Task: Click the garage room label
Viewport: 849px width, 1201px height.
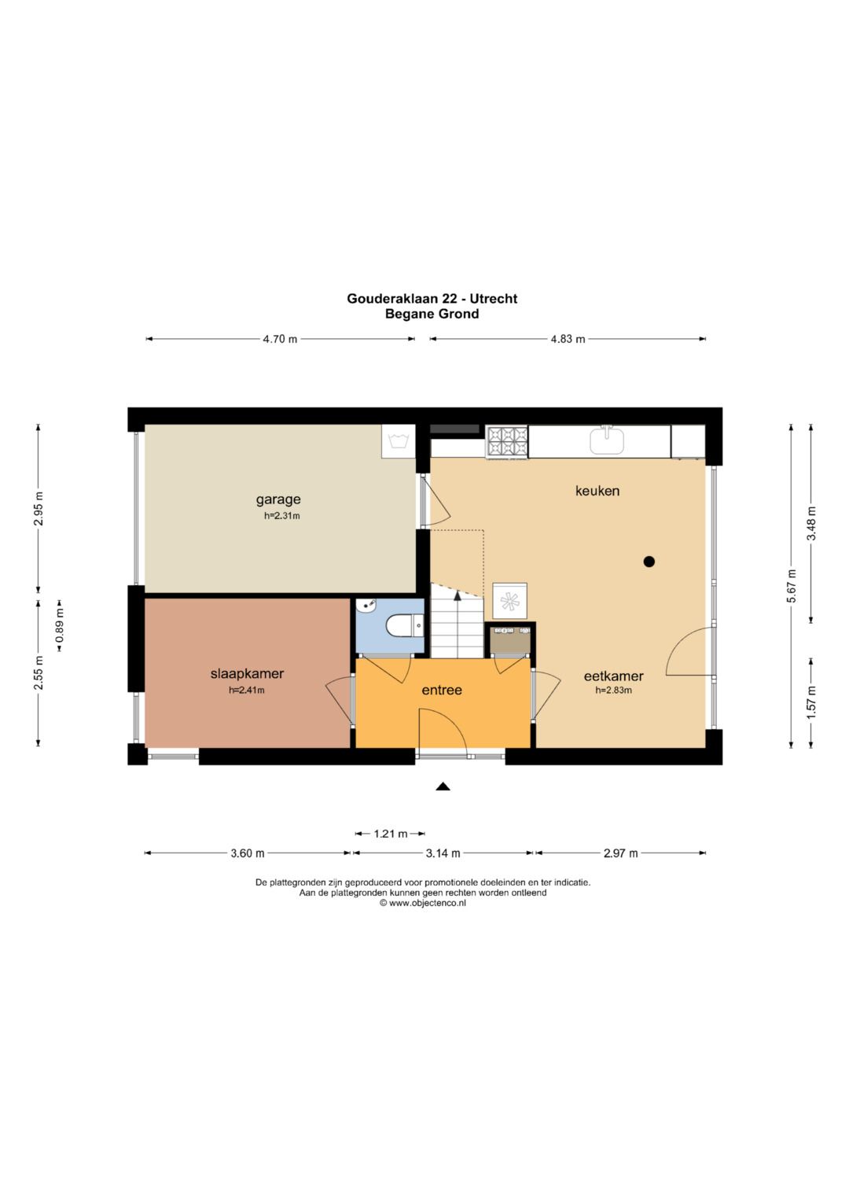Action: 278,500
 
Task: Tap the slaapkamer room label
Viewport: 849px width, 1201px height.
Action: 247,673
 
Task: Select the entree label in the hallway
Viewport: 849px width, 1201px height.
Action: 442,690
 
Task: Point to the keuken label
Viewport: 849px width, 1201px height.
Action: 597,491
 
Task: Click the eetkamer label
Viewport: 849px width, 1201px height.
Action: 614,676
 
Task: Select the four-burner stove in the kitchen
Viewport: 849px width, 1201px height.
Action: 506,442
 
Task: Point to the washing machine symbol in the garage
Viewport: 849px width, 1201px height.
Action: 398,442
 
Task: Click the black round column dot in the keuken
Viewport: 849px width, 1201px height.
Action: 649,562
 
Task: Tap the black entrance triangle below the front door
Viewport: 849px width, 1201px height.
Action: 442,787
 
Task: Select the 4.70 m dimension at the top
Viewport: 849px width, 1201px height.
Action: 280,339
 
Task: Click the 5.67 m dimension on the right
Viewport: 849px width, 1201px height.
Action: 791,585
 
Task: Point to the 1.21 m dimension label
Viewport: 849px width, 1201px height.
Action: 390,834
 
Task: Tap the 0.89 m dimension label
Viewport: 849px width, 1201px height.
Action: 60,625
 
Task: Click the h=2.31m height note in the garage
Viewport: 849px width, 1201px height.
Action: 282,516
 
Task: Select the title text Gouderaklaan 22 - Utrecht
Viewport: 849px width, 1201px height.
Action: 432,299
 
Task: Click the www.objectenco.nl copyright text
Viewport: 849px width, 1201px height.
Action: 423,903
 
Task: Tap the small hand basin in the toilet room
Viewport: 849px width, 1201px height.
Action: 366,606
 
